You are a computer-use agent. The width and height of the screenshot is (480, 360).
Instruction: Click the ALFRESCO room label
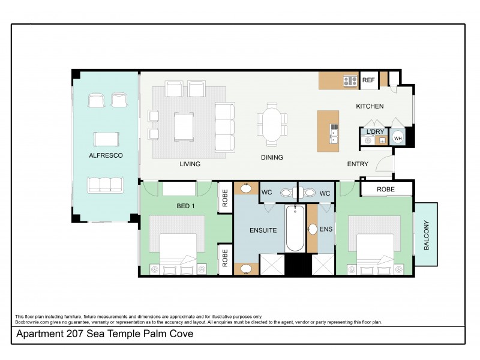tap(106, 155)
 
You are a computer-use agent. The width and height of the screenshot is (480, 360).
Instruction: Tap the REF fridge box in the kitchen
tap(368, 80)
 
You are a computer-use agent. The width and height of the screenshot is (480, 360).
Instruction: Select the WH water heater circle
tap(398, 138)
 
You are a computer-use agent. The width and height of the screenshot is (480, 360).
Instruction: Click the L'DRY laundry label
tap(375, 131)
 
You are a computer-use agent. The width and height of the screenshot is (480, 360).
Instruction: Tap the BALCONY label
tap(427, 235)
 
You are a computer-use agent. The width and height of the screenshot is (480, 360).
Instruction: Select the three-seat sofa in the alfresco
tap(106, 184)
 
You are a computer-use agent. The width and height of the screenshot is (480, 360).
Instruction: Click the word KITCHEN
tap(370, 106)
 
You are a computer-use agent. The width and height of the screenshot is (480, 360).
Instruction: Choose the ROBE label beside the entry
tap(386, 189)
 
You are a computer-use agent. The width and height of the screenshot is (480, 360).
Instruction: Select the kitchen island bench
tap(328, 130)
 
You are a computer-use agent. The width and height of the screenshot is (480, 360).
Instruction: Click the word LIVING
tap(190, 164)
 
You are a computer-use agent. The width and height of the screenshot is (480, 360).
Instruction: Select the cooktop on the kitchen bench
tap(350, 80)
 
